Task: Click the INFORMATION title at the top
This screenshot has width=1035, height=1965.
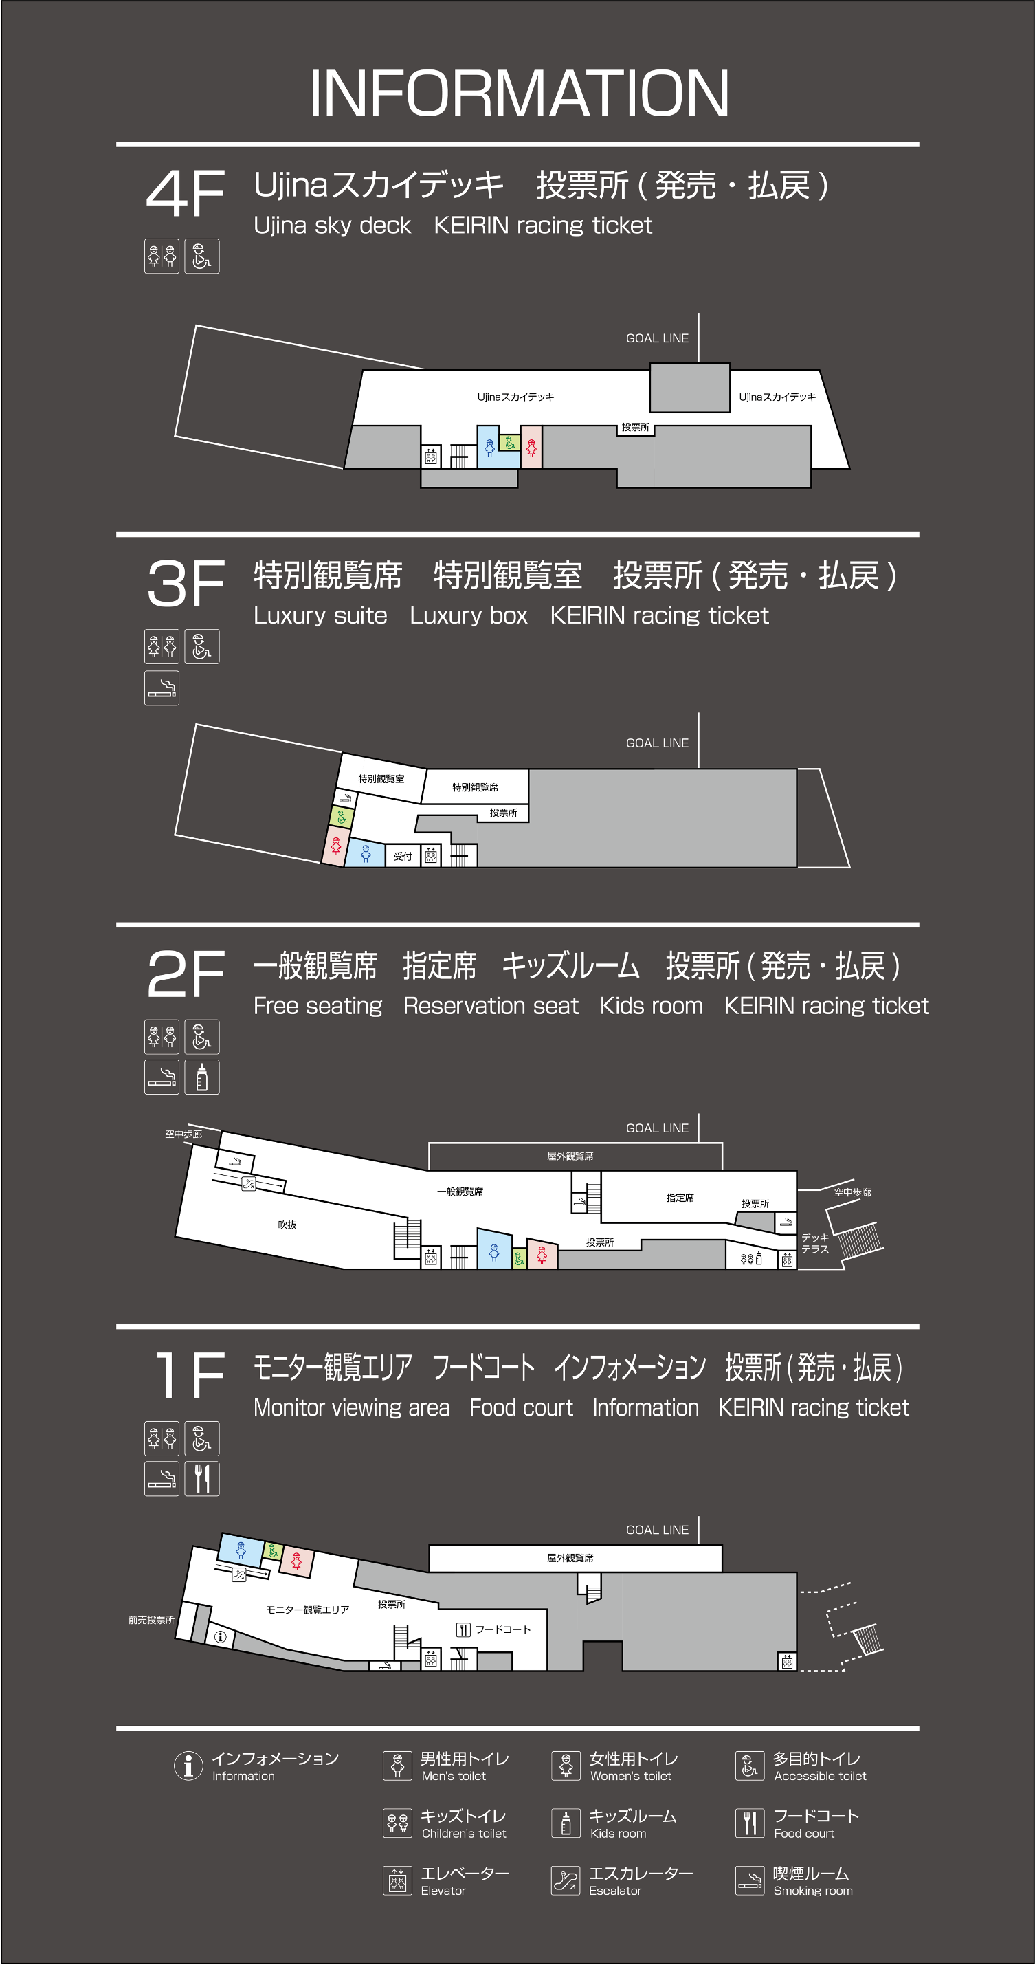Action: tap(519, 93)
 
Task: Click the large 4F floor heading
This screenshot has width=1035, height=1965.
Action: tap(186, 193)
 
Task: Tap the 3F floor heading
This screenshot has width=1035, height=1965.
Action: tap(186, 584)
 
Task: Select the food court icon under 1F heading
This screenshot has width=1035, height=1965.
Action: tap(202, 1478)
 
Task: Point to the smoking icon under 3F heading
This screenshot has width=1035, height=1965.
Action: tap(162, 688)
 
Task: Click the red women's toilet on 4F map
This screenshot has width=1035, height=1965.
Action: tap(532, 447)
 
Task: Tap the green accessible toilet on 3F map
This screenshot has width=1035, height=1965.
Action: tap(341, 817)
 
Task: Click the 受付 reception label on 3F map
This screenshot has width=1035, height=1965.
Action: tap(403, 856)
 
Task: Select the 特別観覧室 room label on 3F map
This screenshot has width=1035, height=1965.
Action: tap(381, 779)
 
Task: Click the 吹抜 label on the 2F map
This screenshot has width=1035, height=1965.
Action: tap(287, 1225)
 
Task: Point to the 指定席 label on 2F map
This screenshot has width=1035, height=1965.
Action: tap(680, 1198)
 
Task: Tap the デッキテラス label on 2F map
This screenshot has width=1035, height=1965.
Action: tap(814, 1242)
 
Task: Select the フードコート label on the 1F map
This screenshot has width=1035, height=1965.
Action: tap(502, 1629)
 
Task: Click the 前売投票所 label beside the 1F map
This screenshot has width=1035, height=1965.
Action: tap(151, 1619)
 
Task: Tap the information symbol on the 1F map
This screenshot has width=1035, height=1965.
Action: tap(221, 1636)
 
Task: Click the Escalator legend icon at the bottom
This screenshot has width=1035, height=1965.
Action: tap(566, 1880)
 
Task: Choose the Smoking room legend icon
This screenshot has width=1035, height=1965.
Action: tap(750, 1880)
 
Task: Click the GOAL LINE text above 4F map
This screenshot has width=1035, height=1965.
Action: tap(657, 338)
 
